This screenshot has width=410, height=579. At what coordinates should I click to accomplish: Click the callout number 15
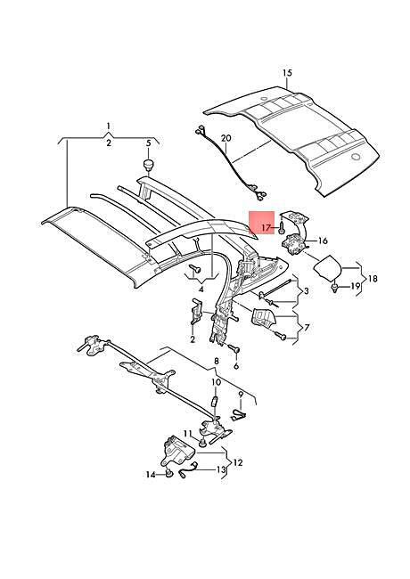(x=287, y=73)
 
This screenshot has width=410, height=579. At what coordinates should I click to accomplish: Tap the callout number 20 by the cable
(x=226, y=138)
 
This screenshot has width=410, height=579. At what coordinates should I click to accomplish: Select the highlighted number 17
(x=266, y=228)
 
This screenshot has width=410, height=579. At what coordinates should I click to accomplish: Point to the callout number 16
(x=323, y=241)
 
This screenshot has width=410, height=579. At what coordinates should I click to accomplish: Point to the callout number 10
(x=216, y=382)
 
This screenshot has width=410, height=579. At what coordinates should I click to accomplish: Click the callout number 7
(x=307, y=327)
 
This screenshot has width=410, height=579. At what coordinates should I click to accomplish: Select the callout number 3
(x=307, y=291)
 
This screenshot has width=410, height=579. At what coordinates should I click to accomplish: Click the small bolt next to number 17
(x=281, y=228)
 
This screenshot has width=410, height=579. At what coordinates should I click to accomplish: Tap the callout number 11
(x=188, y=433)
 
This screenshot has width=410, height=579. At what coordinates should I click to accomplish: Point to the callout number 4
(x=201, y=289)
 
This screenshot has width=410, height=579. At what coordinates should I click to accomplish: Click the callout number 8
(x=217, y=361)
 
